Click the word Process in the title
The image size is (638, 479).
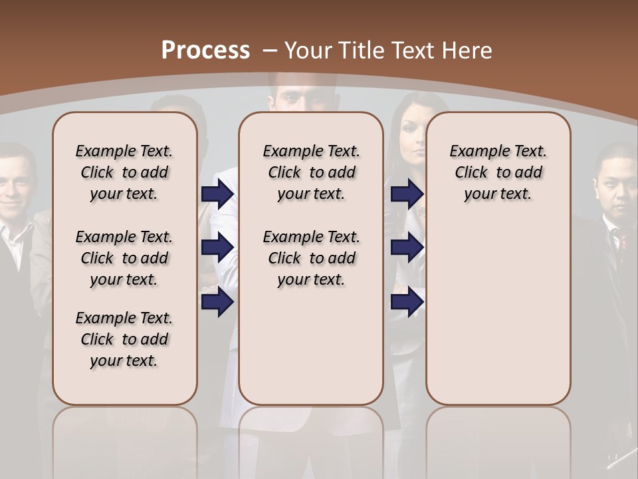click(205, 50)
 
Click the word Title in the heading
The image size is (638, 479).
click(363, 51)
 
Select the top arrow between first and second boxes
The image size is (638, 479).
click(217, 194)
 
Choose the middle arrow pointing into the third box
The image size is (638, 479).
click(407, 247)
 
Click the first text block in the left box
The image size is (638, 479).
click(124, 172)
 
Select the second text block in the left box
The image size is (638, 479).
click(124, 258)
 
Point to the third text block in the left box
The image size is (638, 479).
click(124, 339)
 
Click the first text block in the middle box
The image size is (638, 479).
click(311, 172)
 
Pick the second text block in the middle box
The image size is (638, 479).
click(311, 258)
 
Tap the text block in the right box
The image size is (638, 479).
click(498, 172)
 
